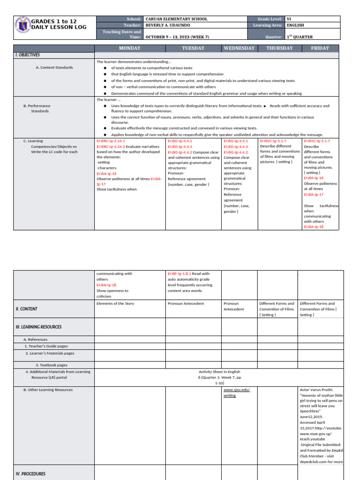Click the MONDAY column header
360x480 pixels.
[130, 48]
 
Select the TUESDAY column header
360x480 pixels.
[193, 48]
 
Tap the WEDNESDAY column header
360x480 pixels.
[239, 48]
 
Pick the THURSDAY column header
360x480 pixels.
[279, 48]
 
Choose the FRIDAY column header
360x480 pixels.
[320, 48]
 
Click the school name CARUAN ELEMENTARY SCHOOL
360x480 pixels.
[177, 19]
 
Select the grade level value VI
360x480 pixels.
[289, 19]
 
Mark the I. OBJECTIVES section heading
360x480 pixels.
[28, 55]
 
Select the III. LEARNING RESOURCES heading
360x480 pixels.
[38, 327]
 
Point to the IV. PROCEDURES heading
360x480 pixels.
[30, 474]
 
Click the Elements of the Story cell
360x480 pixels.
[115, 304]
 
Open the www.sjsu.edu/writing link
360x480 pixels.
[236, 392]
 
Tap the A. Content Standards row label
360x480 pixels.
[54, 67]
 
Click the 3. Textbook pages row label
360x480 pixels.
[52, 365]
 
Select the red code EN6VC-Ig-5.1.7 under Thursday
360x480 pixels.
[273, 141]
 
